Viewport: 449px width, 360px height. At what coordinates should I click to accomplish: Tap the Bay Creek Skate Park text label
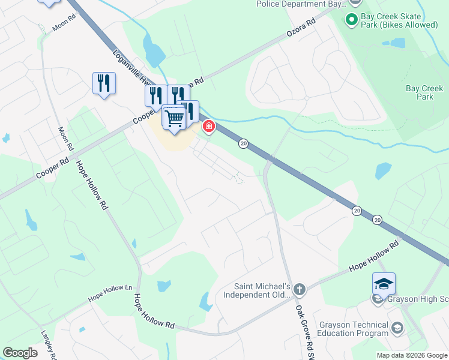click(399, 20)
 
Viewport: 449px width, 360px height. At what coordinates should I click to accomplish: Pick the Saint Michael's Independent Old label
click(258, 290)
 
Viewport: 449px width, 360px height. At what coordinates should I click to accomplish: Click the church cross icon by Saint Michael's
click(300, 290)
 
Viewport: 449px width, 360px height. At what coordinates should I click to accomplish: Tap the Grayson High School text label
click(417, 299)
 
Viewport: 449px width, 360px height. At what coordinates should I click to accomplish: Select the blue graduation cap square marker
click(384, 283)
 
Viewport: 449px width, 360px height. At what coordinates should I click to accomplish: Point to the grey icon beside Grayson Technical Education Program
click(397, 328)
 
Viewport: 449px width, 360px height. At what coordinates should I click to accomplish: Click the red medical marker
click(209, 126)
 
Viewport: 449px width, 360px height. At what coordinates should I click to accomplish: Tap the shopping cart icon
click(174, 117)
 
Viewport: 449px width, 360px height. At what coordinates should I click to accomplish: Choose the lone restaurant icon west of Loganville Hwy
click(104, 83)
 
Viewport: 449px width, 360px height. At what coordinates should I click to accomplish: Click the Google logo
click(20, 353)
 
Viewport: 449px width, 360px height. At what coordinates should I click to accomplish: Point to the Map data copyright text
click(412, 355)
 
